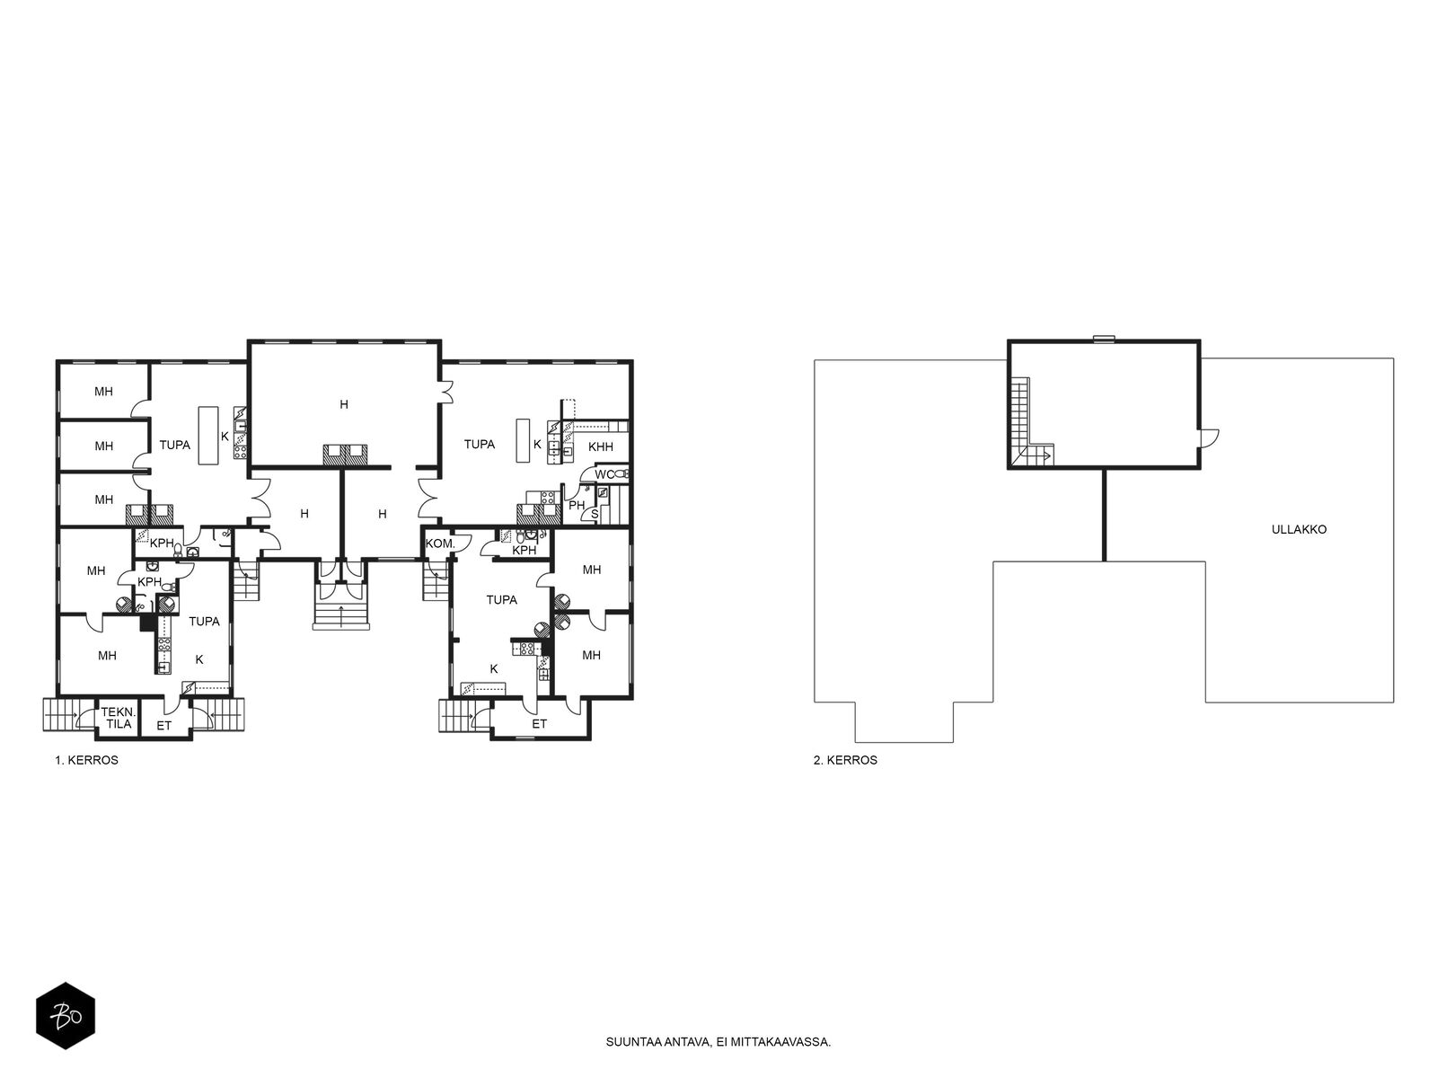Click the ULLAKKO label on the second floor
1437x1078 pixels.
point(1298,529)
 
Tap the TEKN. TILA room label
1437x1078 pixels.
point(119,718)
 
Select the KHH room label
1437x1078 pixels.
point(600,447)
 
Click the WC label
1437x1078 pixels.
point(604,474)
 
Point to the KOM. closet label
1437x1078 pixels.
point(440,543)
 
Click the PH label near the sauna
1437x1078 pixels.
point(576,505)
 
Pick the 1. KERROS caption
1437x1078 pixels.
point(86,760)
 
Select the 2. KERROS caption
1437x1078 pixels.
point(845,760)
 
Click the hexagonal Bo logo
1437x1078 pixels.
point(66,1016)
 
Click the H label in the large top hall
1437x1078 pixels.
point(344,404)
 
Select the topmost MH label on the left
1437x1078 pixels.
point(103,392)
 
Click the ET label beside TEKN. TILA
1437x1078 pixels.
point(163,726)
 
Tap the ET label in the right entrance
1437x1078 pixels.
point(539,724)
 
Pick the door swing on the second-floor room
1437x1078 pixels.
point(1209,437)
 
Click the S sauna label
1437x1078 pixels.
point(595,515)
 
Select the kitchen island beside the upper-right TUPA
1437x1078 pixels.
point(523,440)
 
